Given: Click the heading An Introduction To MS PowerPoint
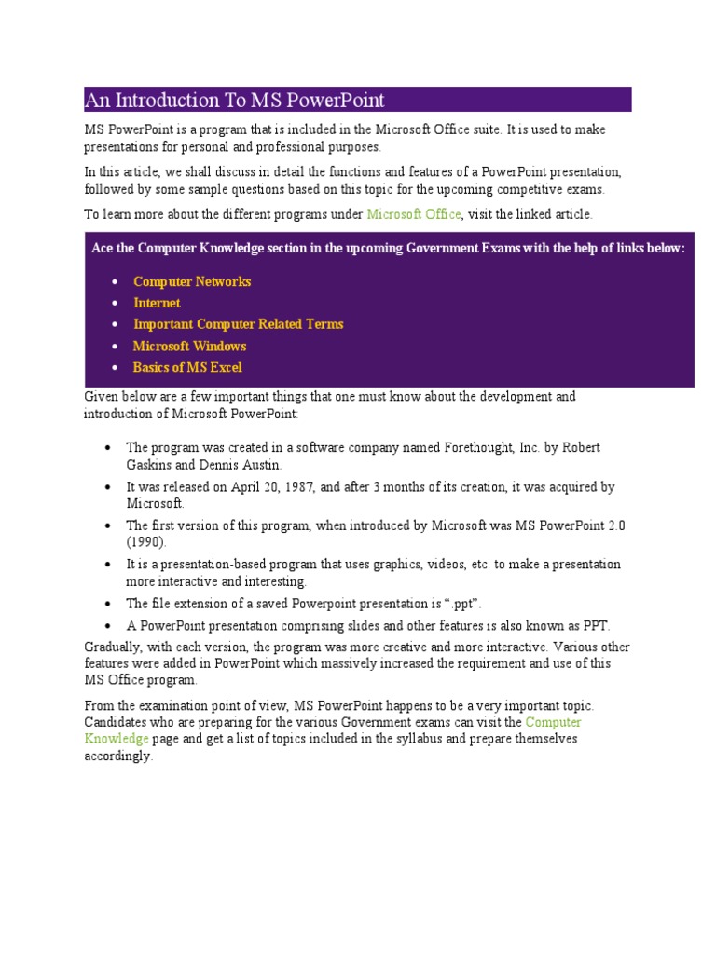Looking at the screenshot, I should point(235,100).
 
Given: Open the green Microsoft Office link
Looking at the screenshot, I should point(413,214).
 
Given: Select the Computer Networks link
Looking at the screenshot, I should point(192,281).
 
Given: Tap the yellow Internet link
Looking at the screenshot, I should point(157,303).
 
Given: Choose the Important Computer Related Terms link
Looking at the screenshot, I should point(238,324).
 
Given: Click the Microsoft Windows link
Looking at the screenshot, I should point(189,346).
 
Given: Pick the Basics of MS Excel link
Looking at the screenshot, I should point(187,367).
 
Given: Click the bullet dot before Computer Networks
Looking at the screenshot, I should point(114,282).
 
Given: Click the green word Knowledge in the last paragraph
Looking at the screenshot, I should point(117,739).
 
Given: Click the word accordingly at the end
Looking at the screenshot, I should point(117,756).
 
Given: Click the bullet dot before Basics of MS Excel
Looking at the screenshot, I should point(114,368).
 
